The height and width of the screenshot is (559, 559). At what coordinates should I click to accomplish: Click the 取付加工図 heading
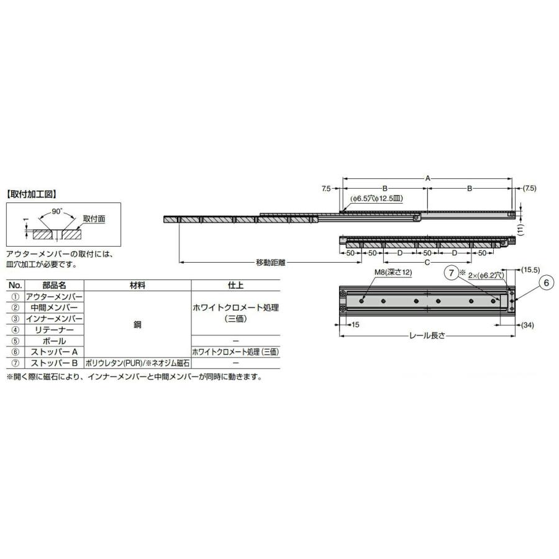click(32, 194)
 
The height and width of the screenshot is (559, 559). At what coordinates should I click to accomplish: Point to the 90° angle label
click(57, 211)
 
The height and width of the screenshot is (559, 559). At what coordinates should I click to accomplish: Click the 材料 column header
click(137, 286)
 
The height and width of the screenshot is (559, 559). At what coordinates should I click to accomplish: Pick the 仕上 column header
click(235, 286)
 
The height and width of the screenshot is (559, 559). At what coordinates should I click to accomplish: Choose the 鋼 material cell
click(137, 324)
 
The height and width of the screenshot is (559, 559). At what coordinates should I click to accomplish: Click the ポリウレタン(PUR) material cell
click(137, 363)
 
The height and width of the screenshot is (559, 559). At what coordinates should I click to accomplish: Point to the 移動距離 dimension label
click(270, 262)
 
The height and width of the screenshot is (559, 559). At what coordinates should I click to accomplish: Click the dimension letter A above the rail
click(427, 178)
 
